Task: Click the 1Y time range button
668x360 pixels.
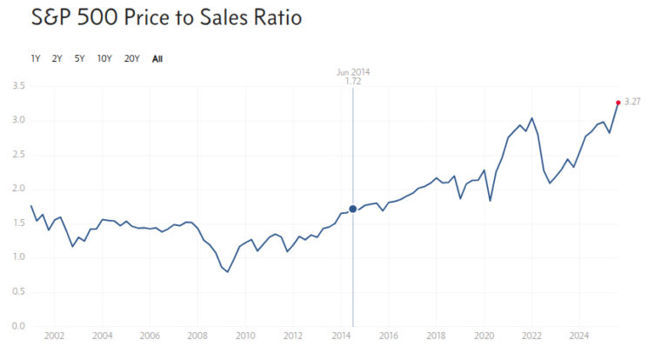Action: point(36,59)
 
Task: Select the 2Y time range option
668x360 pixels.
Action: point(57,59)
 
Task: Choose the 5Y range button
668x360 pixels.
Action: point(80,59)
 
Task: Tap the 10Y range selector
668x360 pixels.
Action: point(104,59)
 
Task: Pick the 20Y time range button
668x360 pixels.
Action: point(132,59)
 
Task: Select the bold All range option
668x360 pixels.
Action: point(157,59)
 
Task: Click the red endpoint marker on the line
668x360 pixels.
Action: point(618,103)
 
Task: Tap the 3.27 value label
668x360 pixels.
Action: point(633,103)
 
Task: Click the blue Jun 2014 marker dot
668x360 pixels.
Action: point(353,209)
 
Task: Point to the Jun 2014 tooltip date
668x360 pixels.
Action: point(353,72)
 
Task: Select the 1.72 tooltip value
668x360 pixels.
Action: point(353,81)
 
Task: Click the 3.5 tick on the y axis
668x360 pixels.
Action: point(18,86)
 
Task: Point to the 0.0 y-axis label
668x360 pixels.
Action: point(18,326)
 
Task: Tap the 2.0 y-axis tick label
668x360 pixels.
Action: point(18,189)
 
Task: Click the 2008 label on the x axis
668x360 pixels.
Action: point(197,336)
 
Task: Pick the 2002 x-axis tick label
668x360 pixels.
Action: point(54,336)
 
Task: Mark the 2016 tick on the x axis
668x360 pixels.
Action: point(389,336)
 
